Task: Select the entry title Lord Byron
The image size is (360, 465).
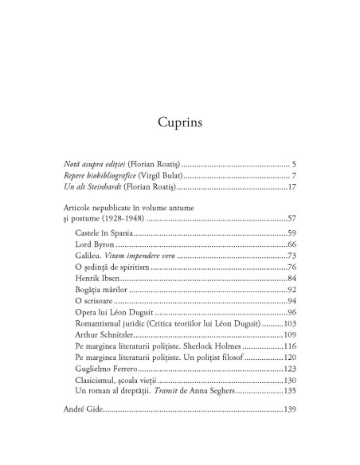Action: click(93, 244)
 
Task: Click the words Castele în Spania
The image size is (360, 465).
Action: click(103, 232)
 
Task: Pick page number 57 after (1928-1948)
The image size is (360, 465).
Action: click(291, 218)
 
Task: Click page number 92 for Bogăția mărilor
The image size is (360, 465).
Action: click(291, 290)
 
